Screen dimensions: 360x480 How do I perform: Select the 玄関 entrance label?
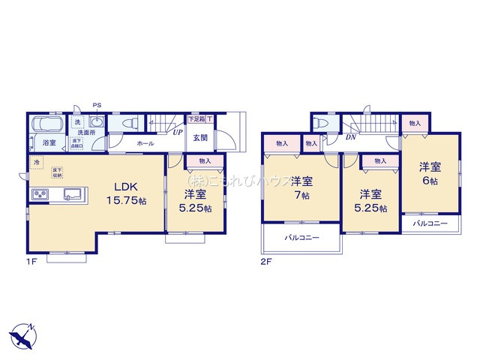tap(200, 137)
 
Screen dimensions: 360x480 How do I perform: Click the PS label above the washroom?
tap(96, 105)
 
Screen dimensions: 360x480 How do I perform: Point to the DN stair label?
tap(350, 137)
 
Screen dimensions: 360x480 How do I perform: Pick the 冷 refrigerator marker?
tap(36, 161)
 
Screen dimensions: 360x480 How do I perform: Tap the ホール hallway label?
tap(145, 142)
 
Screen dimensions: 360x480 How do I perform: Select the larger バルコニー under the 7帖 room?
tap(301, 238)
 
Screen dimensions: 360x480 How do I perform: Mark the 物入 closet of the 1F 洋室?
tap(205, 160)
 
